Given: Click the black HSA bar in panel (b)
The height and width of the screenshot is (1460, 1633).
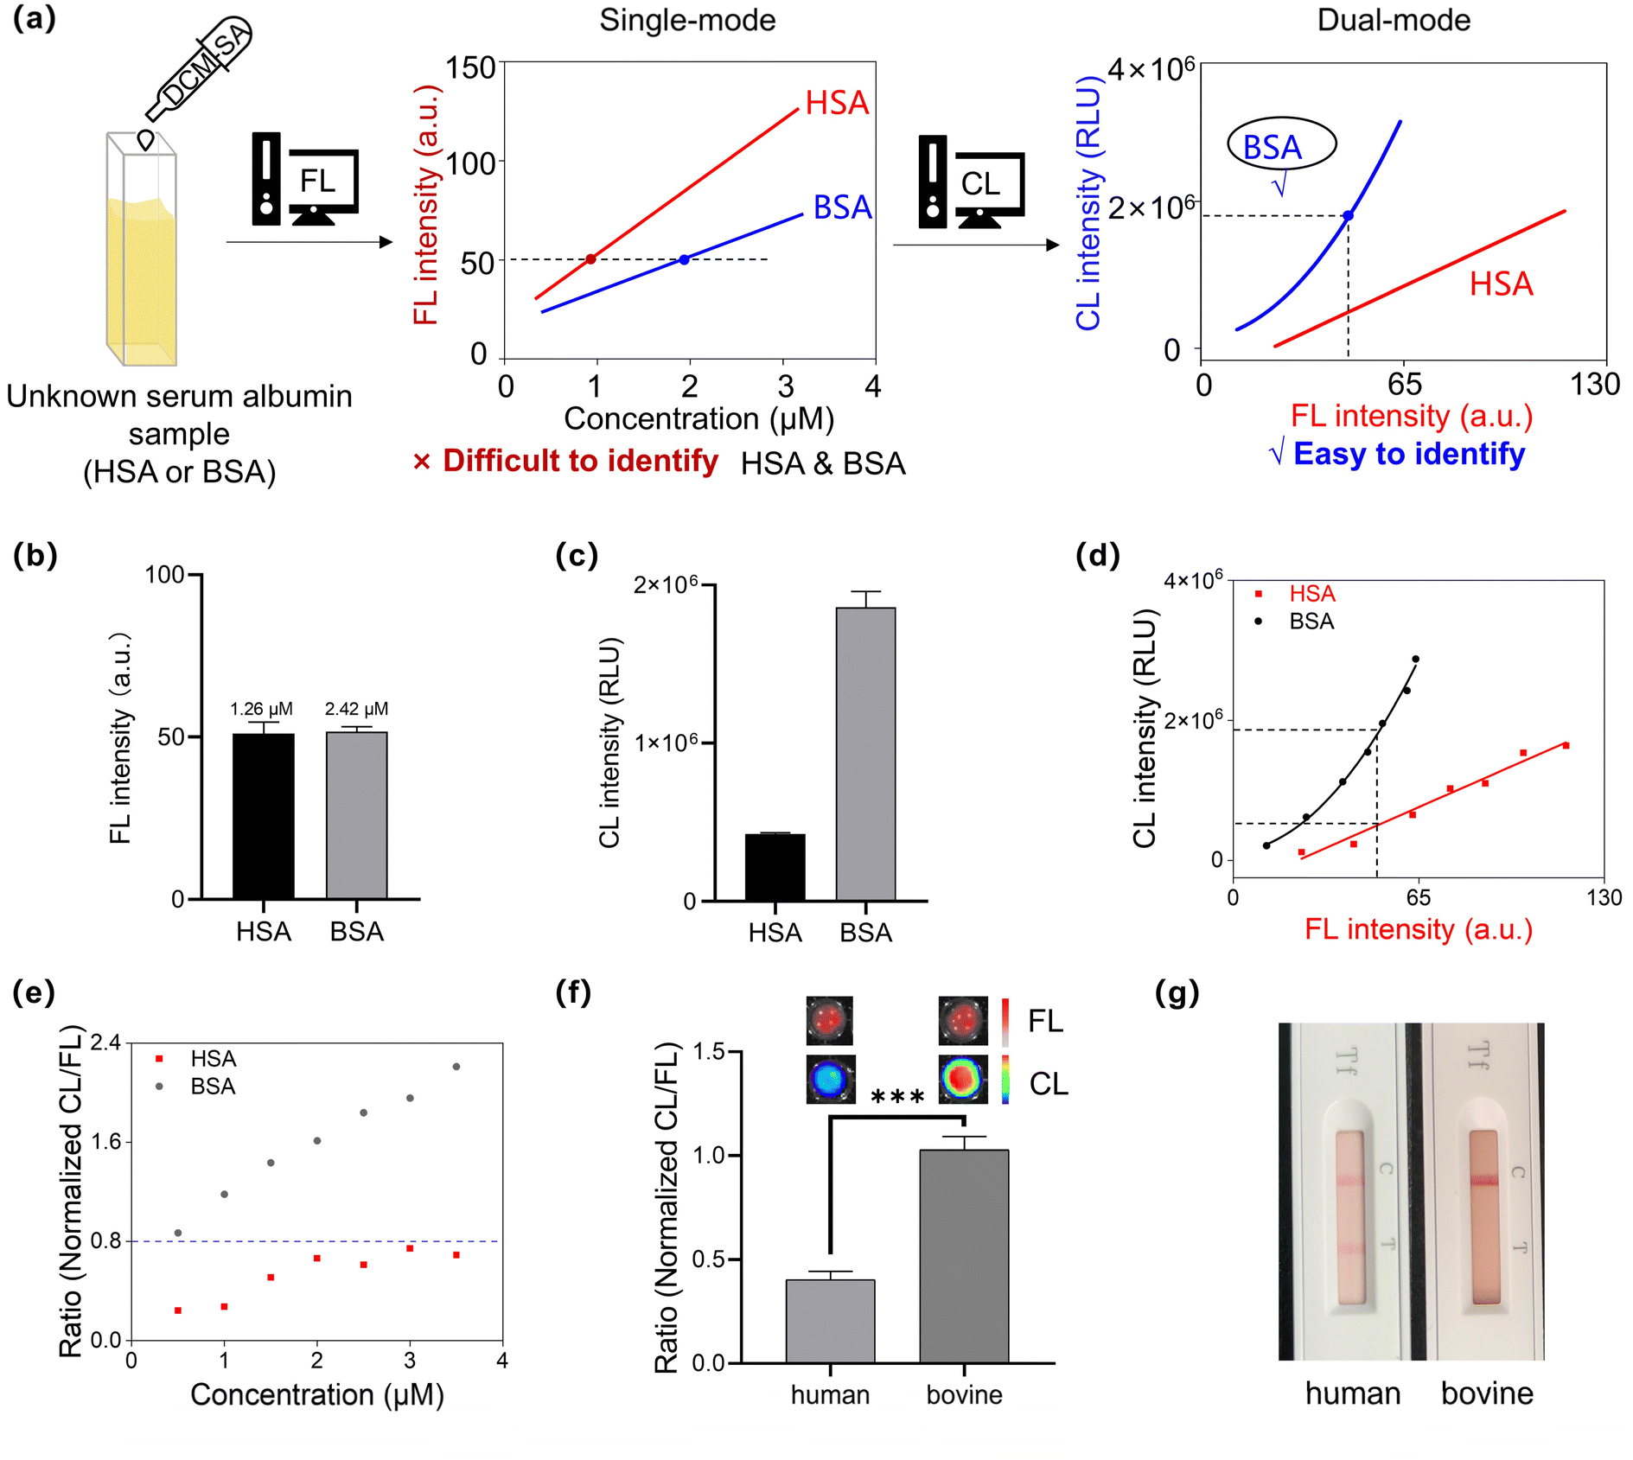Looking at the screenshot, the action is [264, 816].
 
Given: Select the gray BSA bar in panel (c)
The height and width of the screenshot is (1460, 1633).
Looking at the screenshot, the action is [865, 754].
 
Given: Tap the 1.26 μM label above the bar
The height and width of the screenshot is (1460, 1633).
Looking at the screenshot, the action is [261, 710].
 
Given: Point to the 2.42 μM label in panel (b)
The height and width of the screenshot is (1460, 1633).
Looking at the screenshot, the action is [356, 710].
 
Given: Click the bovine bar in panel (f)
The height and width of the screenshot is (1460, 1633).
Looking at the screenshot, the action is [964, 1256].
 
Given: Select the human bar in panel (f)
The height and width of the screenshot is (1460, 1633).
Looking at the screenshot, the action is [830, 1321].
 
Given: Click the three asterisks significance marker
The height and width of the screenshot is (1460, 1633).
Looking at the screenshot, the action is [897, 1098].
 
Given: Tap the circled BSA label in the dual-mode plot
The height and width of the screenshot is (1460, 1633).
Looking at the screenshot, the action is [1281, 145].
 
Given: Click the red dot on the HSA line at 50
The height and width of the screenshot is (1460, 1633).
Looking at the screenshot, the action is [591, 259].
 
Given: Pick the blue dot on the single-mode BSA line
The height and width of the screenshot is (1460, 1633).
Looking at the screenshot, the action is [684, 259].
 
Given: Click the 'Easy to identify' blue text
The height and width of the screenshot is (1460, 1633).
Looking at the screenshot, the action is [1409, 454].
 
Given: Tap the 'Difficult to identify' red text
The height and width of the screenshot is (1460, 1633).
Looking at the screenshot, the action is [580, 461].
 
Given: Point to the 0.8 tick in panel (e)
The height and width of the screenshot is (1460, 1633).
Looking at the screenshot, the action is [105, 1241].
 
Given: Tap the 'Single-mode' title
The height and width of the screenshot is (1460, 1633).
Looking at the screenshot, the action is [687, 20].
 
